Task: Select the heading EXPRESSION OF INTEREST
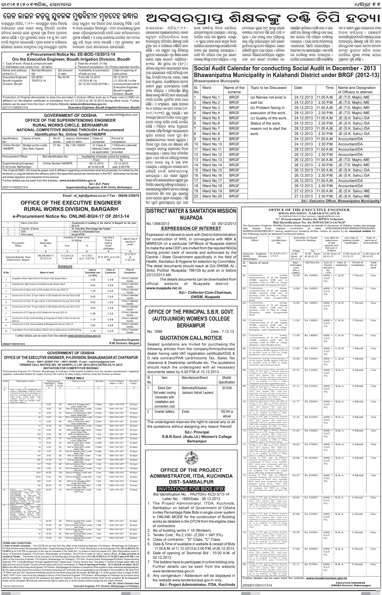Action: click(191, 228)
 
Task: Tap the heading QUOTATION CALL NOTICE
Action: click(191, 338)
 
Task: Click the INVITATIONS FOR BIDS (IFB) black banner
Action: click(191, 489)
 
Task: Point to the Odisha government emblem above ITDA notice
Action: click(191, 459)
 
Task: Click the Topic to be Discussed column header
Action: click(268, 88)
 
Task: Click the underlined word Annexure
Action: click(65, 266)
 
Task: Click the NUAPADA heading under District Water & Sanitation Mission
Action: click(191, 218)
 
